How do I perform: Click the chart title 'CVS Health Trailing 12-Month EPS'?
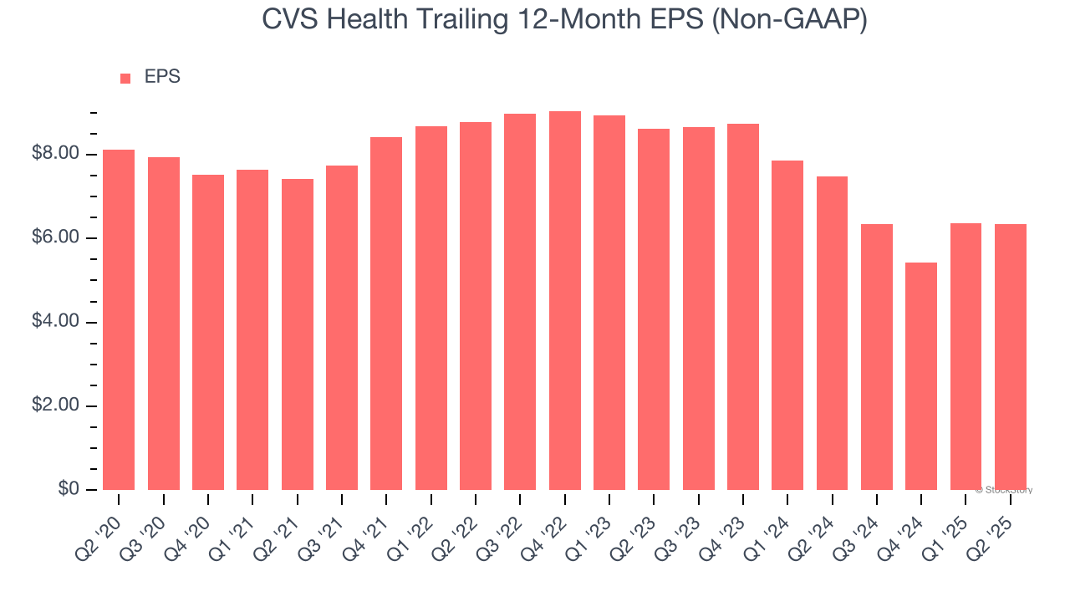coord(564,19)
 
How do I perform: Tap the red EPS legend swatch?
coord(125,78)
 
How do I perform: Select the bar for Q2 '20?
coord(119,319)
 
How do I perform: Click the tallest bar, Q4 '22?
coord(564,300)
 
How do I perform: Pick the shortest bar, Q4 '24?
coord(921,376)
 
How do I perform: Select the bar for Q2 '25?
coord(1010,357)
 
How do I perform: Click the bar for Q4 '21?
coord(386,314)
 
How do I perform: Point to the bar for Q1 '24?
coord(787,325)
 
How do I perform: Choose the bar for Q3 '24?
coord(877,357)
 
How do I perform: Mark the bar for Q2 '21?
coord(297,334)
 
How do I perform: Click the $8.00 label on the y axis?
coord(56,154)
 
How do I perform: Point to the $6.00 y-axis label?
coord(56,238)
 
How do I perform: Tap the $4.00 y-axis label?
coord(56,322)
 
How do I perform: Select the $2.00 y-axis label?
coord(56,406)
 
